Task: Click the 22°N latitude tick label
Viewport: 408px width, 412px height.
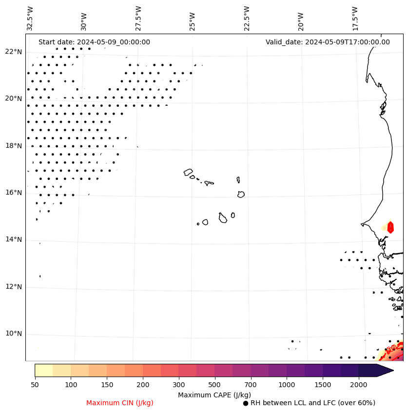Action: (14, 52)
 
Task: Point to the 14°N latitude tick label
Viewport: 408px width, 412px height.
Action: (14, 239)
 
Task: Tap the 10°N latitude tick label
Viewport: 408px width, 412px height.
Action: (14, 334)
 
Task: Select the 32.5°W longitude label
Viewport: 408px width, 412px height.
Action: (30, 19)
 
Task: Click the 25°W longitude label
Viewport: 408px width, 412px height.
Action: (192, 19)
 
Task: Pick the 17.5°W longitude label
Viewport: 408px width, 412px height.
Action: (355, 19)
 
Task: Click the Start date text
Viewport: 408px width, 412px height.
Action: (94, 42)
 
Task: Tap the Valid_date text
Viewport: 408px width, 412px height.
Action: (328, 42)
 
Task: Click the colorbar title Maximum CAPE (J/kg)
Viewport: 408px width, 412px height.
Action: (214, 395)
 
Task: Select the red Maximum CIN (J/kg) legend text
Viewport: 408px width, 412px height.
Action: (120, 403)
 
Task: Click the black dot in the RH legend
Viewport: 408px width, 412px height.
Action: (246, 403)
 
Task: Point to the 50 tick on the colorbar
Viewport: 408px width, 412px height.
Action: (35, 385)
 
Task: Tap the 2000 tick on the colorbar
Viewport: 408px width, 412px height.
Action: (358, 385)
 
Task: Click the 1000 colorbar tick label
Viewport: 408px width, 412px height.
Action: (286, 385)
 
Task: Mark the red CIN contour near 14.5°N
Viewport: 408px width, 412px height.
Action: (390, 227)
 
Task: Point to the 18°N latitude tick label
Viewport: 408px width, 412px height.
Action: (14, 146)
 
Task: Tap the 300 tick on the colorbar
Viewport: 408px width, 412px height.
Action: (178, 385)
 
